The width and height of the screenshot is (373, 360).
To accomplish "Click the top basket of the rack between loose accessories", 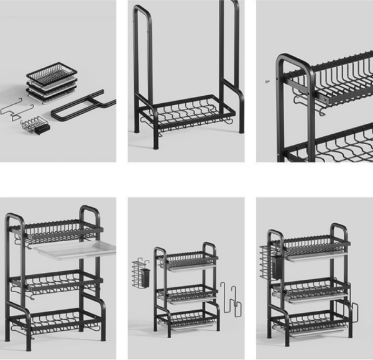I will click(x=186, y=258).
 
